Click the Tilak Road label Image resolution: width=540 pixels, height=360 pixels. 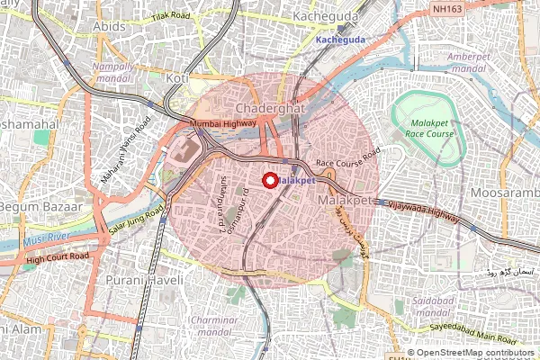(x=171, y=16)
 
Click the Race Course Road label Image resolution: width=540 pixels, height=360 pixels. (x=347, y=157)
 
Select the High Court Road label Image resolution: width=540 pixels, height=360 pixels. (x=58, y=257)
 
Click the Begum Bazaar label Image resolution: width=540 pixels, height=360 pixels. (x=40, y=205)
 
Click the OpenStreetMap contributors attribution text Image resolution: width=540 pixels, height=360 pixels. (x=476, y=353)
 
